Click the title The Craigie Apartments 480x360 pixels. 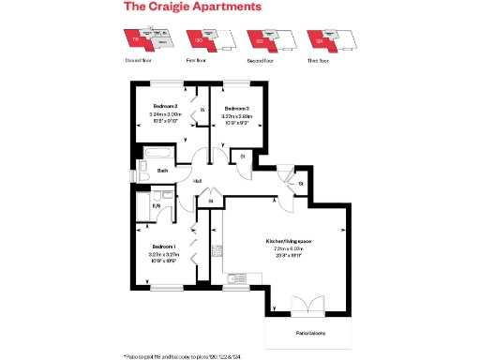pos(191,7)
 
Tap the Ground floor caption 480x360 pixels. pos(139,60)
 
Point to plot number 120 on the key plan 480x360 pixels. pos(198,41)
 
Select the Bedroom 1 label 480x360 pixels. pos(163,247)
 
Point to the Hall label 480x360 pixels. pos(198,181)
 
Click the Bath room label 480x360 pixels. pos(162,171)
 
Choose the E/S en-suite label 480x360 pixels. pos(143,206)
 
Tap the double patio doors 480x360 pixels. pos(306,304)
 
